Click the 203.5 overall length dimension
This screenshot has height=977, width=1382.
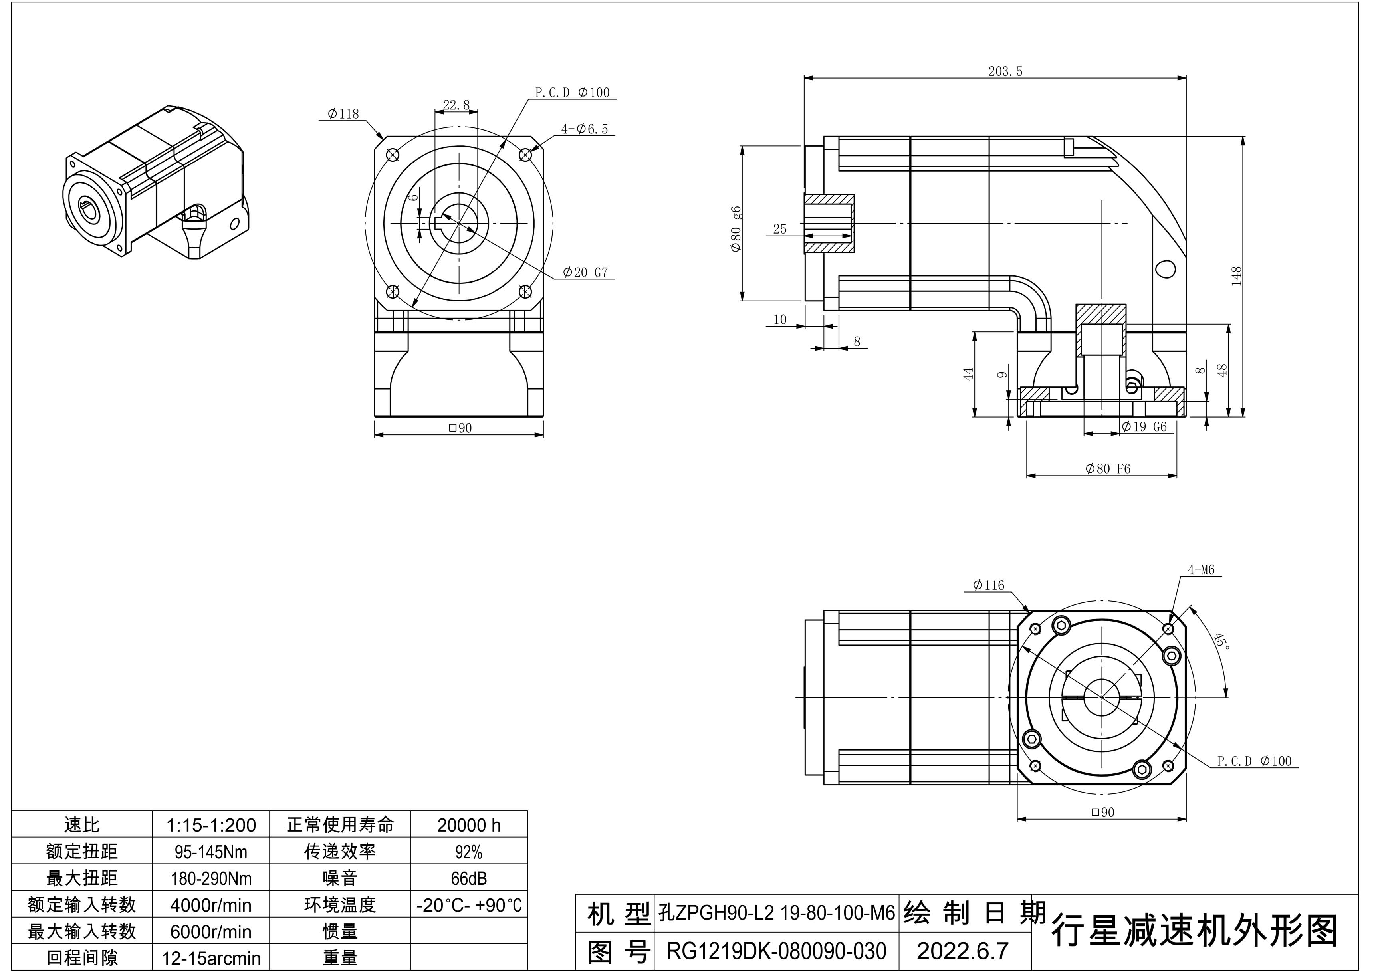(x=1005, y=71)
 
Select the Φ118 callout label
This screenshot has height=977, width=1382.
(x=343, y=114)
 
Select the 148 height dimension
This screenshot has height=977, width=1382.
(x=1236, y=276)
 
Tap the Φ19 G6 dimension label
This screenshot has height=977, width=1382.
(x=1144, y=427)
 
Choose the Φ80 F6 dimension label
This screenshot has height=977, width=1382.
(x=1108, y=469)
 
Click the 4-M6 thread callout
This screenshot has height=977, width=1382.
(x=1201, y=569)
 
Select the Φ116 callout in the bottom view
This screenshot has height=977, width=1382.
(x=988, y=585)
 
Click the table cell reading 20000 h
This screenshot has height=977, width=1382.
(x=468, y=825)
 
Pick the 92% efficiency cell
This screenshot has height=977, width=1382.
(x=468, y=852)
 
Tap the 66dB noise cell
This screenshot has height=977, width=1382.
(x=468, y=878)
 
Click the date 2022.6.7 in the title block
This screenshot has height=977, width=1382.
(x=962, y=951)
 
